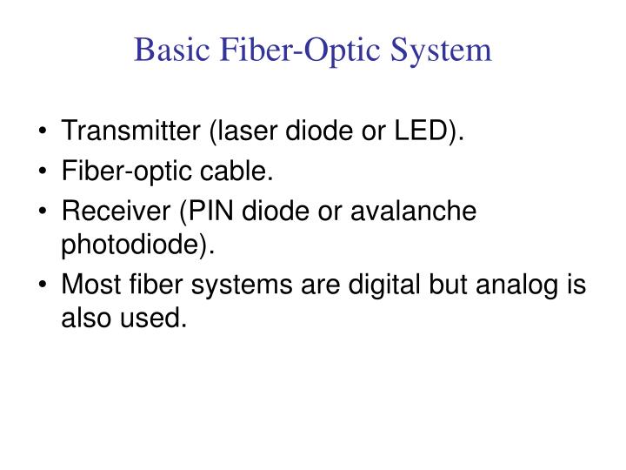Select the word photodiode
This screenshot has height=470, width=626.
tap(132, 245)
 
